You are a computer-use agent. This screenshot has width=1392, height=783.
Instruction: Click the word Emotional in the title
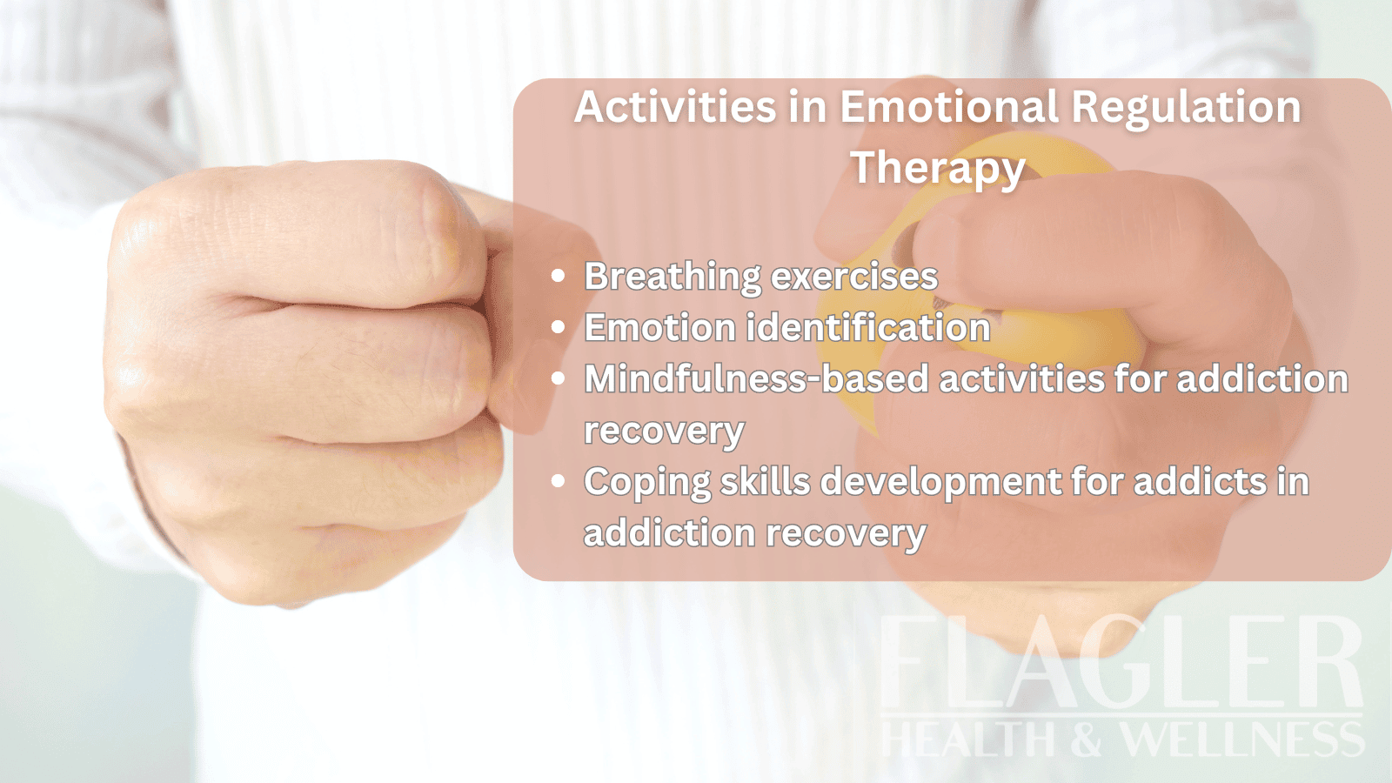[x=948, y=108]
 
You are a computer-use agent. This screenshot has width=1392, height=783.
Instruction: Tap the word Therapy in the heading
[x=938, y=168]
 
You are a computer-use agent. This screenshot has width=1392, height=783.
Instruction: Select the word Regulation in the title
[x=1186, y=108]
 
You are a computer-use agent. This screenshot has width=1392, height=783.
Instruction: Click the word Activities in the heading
[x=675, y=108]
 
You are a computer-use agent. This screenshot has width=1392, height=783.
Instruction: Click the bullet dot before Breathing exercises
[x=559, y=277]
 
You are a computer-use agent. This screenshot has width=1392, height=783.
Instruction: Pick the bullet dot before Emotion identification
[x=559, y=328]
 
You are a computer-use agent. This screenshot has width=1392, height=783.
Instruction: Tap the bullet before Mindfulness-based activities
[x=559, y=379]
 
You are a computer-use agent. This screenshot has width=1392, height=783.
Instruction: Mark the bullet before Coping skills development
[x=559, y=481]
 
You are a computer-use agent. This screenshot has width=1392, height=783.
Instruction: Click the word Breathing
[x=673, y=277]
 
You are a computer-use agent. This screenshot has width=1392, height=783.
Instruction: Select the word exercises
[x=854, y=277]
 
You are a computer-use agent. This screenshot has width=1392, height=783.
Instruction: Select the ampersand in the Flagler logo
[x=1087, y=739]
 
